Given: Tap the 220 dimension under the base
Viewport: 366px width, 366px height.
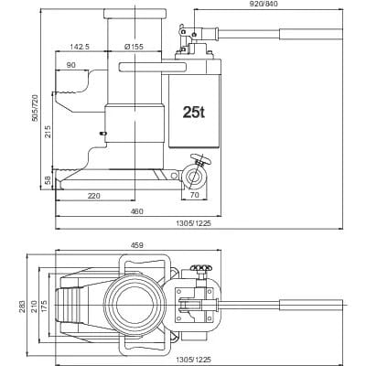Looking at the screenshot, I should [93, 196].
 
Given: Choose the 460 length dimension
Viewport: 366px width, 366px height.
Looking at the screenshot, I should [135, 212].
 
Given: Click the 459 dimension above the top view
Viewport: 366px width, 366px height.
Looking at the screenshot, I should [137, 244].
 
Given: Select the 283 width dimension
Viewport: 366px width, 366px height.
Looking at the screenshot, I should [23, 301].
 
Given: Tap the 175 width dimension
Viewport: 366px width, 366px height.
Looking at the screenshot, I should [45, 301].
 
